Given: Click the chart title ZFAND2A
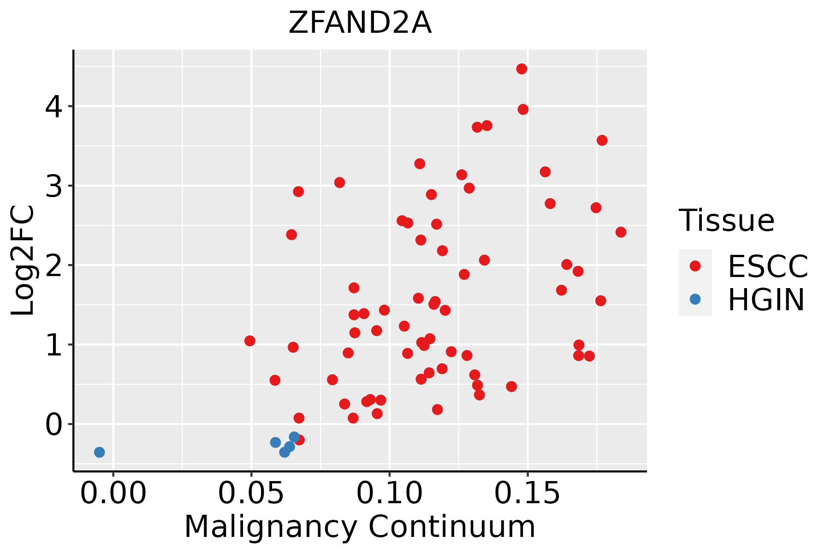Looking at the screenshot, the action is (x=360, y=23).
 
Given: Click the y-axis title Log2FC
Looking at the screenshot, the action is (x=23, y=261).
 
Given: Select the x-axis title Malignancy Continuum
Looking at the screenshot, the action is (x=360, y=527).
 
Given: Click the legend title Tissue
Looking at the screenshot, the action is (x=727, y=221).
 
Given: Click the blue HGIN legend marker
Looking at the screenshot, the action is (x=695, y=299).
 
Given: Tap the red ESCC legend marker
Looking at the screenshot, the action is (x=695, y=266).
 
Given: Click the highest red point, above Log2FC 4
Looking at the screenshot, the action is (x=522, y=69).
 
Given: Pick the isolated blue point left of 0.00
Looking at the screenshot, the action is (x=99, y=452).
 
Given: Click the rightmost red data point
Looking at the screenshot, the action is (x=621, y=232).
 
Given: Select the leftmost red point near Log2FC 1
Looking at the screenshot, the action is (x=249, y=341).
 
